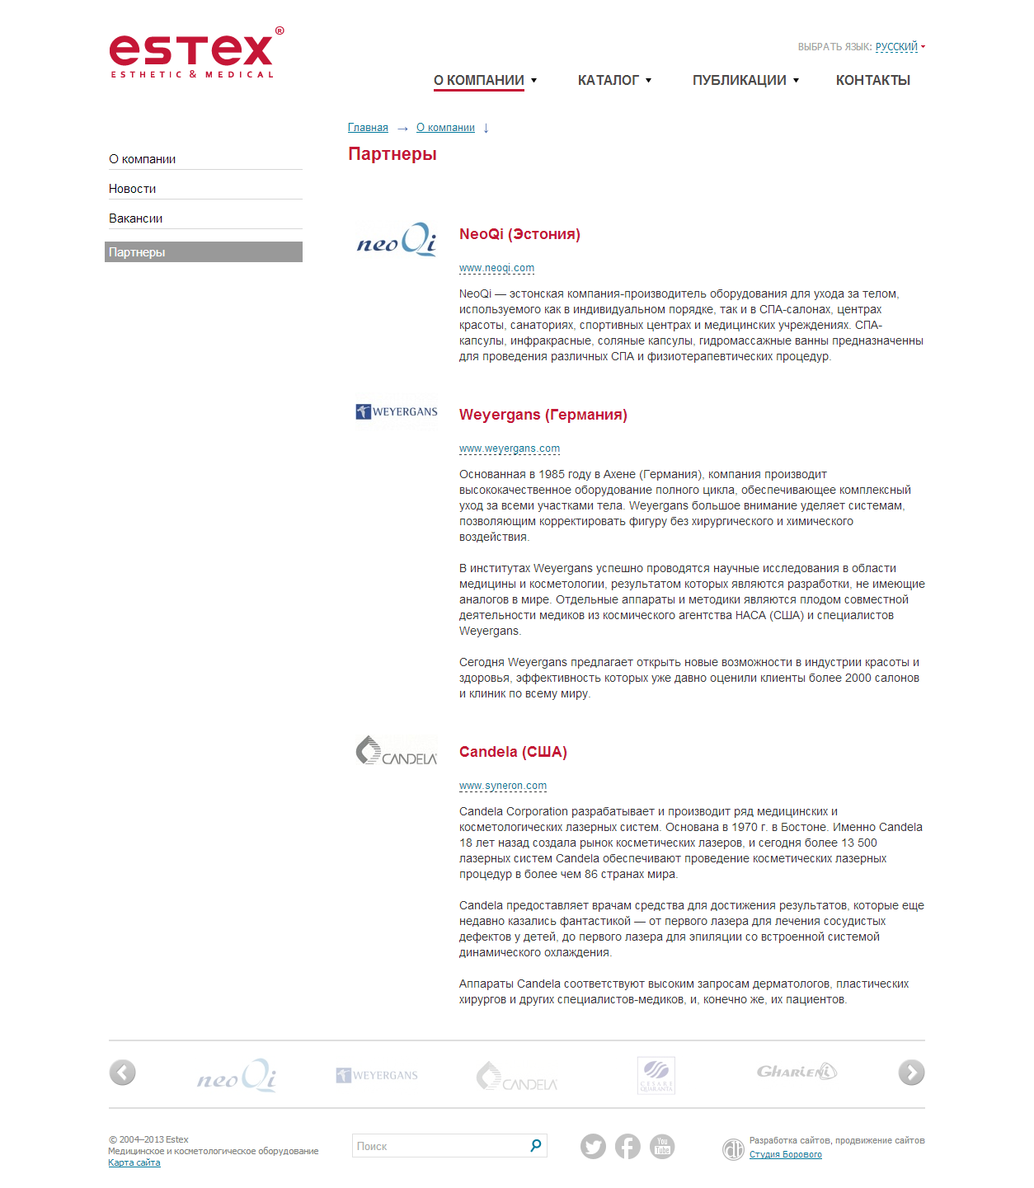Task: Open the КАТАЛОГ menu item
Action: (609, 80)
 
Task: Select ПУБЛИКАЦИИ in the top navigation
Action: (740, 80)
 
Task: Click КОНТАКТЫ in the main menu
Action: (872, 80)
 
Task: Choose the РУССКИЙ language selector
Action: (896, 47)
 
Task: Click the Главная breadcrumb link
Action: (368, 128)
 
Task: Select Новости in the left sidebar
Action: (133, 189)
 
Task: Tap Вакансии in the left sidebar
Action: (136, 218)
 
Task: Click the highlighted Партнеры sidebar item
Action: (204, 252)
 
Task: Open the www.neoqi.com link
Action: (496, 268)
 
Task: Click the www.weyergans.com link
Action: (510, 448)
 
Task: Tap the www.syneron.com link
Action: (503, 786)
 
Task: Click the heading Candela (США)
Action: (513, 752)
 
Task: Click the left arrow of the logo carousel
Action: (122, 1073)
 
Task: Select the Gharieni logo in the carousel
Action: (797, 1072)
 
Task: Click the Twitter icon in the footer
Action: (593, 1147)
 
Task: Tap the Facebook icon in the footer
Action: (627, 1147)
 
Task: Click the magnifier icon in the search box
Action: (535, 1145)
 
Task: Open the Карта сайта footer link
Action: (134, 1162)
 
